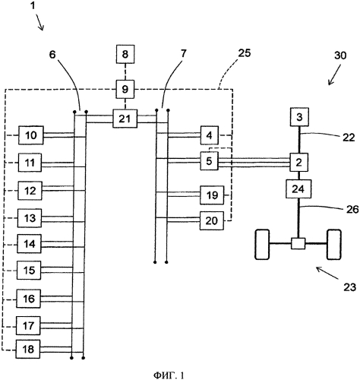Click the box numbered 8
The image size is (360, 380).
pyautogui.click(x=125, y=54)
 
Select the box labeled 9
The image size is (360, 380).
pyautogui.click(x=125, y=89)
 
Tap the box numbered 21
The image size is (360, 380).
pyautogui.click(x=125, y=119)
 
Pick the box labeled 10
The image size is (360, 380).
pyautogui.click(x=31, y=135)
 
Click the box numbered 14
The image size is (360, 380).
pyautogui.click(x=30, y=244)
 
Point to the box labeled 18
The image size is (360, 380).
pyautogui.click(x=28, y=349)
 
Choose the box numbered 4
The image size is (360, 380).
pyautogui.click(x=210, y=135)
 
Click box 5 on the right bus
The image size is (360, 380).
pyautogui.click(x=209, y=161)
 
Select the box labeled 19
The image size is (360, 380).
pyautogui.click(x=212, y=195)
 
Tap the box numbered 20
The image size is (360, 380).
pyautogui.click(x=212, y=220)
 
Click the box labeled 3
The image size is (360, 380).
pyautogui.click(x=299, y=117)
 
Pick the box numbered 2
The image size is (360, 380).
pyautogui.click(x=299, y=163)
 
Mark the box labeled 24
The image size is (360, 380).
pyautogui.click(x=298, y=189)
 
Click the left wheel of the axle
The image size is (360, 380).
pyautogui.click(x=262, y=244)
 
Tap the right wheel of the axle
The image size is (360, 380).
pyautogui.click(x=334, y=244)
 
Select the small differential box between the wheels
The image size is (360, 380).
pyautogui.click(x=298, y=243)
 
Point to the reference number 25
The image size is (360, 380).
pyautogui.click(x=244, y=53)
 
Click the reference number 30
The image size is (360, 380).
pyautogui.click(x=340, y=55)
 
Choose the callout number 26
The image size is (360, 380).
pyautogui.click(x=352, y=209)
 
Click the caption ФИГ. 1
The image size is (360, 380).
pyautogui.click(x=169, y=375)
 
